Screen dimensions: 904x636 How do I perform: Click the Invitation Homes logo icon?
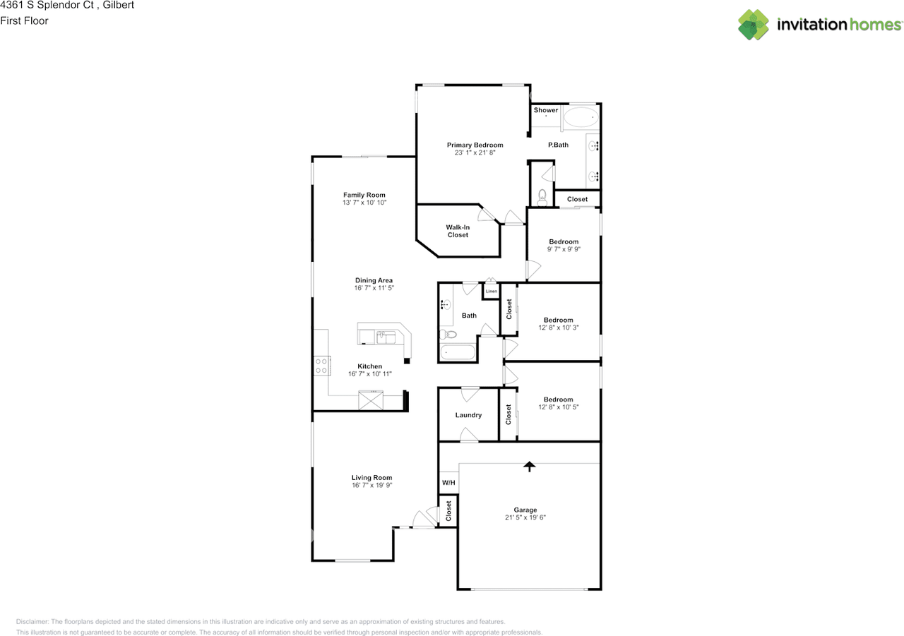point(753,25)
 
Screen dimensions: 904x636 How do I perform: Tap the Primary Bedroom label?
point(475,145)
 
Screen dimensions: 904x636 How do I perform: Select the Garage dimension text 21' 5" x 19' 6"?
point(525,517)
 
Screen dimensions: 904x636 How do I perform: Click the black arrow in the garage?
point(530,467)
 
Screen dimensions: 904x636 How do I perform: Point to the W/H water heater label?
point(448,482)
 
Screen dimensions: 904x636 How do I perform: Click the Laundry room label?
point(468,415)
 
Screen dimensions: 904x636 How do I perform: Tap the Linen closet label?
point(491,292)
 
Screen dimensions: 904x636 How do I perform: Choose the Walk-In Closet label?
point(458,231)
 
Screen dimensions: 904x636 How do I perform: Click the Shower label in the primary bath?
point(546,109)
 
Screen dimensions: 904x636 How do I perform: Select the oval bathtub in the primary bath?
point(581,117)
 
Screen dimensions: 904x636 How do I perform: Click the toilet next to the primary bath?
point(542,197)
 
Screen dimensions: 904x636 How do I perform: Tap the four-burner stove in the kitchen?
point(321,366)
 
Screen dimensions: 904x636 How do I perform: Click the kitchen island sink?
point(386,337)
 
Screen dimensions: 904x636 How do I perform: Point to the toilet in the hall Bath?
point(448,334)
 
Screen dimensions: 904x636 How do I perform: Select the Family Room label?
point(364,195)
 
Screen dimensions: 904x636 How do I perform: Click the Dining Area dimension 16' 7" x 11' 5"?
point(374,288)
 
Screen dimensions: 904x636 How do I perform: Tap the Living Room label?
point(371,477)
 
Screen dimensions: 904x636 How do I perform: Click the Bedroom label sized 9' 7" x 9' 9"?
point(564,241)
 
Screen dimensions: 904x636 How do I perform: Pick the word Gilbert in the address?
point(118,5)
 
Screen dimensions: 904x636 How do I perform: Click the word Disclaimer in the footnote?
point(32,621)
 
